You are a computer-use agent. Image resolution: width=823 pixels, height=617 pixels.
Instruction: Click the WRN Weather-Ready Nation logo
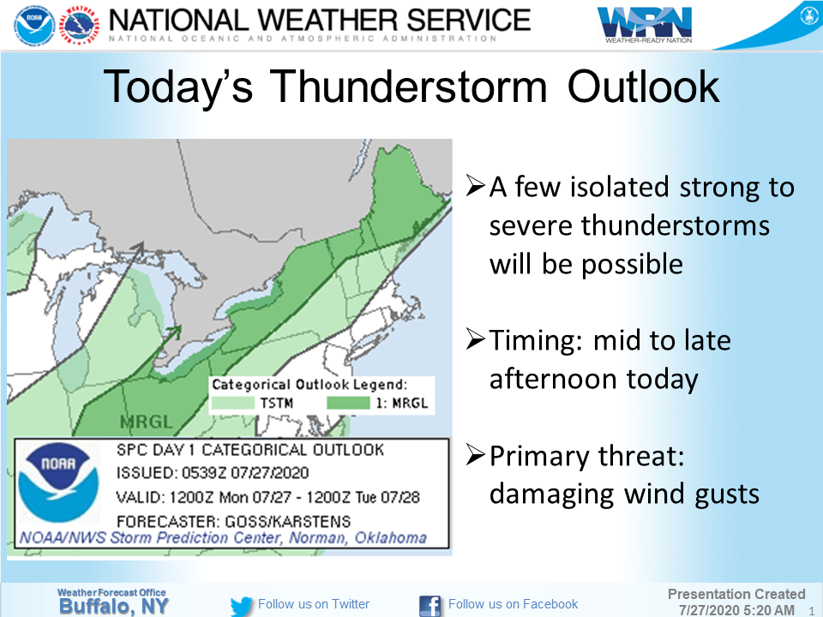(645, 25)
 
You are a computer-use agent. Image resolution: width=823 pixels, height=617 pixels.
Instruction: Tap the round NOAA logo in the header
(34, 24)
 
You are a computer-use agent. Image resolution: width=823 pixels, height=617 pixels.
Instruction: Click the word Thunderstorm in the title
(409, 86)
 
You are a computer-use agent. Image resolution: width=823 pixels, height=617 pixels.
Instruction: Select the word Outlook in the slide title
(644, 86)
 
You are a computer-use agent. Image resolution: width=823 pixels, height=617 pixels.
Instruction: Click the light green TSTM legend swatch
(233, 403)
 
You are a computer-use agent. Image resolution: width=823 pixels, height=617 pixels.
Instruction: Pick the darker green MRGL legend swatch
(348, 403)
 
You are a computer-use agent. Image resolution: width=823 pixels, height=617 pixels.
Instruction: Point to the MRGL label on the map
(146, 422)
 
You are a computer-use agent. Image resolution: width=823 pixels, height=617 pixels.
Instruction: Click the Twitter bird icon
(242, 606)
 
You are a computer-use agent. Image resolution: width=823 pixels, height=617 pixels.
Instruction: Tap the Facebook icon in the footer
(430, 606)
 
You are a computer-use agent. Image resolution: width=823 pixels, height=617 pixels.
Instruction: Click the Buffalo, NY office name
(113, 607)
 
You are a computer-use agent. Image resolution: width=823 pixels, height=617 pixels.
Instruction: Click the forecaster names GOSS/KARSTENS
(288, 522)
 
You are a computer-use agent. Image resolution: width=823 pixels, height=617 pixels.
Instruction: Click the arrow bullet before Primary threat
(475, 454)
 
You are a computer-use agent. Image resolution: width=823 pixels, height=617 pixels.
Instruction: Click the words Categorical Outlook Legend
(309, 385)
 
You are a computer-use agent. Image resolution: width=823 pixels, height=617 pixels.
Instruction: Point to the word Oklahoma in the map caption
(391, 538)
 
